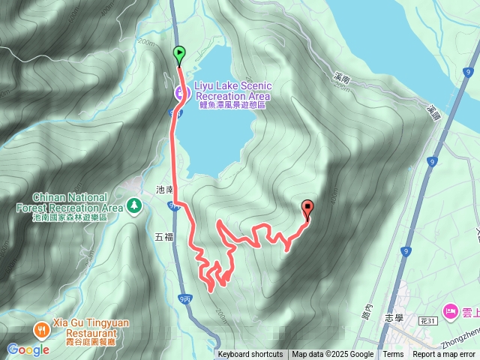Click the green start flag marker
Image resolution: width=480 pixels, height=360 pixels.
(179, 54)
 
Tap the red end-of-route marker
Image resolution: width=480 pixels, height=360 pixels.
(307, 209)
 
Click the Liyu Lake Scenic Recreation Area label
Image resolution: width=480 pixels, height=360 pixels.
(232, 91)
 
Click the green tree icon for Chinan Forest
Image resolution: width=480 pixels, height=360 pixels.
(134, 204)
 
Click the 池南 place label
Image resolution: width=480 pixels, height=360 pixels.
(164, 191)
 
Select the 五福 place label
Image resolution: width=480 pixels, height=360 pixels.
(163, 237)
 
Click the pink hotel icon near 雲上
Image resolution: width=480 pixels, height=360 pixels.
(450, 309)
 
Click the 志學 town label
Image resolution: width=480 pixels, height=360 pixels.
(394, 317)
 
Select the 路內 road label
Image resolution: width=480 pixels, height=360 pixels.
(367, 310)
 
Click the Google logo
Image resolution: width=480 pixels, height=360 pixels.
(28, 349)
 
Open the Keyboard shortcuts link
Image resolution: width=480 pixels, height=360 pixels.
(250, 355)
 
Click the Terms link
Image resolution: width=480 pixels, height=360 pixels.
(393, 355)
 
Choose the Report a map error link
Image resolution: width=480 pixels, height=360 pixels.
(444, 355)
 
